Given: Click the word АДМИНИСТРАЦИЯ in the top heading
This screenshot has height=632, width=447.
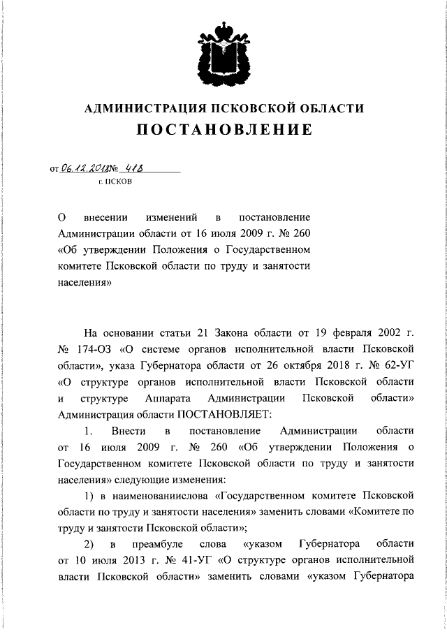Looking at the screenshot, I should click(x=139, y=109).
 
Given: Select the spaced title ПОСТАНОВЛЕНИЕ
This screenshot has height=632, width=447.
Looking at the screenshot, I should click(x=223, y=131).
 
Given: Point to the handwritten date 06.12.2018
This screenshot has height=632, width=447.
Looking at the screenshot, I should click(x=82, y=168).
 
